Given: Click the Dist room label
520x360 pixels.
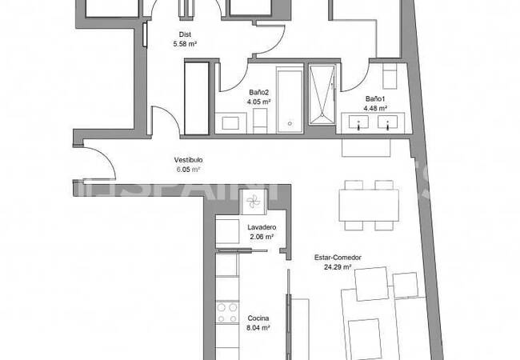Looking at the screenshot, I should [x=185, y=34].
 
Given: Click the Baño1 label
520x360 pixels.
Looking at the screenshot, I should [x=375, y=98].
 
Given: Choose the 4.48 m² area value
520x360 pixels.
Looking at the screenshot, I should [x=375, y=108].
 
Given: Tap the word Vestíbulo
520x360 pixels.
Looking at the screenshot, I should [x=189, y=159].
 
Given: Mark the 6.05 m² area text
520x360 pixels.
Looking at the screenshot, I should [x=188, y=170].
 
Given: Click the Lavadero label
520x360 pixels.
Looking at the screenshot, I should [x=262, y=227].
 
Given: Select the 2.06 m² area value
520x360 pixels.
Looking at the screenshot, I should [x=262, y=237].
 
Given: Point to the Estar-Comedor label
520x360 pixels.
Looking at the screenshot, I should [x=338, y=258].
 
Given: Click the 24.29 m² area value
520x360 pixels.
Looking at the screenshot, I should [x=338, y=267].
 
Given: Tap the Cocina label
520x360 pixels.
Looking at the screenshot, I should [x=258, y=317].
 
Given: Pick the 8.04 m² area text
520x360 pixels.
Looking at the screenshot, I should [x=258, y=327].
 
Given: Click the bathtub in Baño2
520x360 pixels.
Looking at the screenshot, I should [x=289, y=99].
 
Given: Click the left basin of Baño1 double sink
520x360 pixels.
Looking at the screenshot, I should [x=359, y=123].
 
